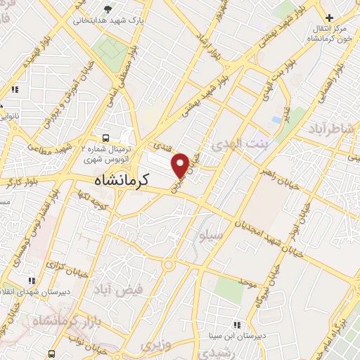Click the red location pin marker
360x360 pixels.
tap(181, 164)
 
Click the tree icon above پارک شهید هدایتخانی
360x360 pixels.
tap(107, 9)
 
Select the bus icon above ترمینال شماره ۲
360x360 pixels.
tap(105, 139)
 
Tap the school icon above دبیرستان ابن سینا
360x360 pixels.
tap(237, 325)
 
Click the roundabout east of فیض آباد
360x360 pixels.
tap(169, 264)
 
